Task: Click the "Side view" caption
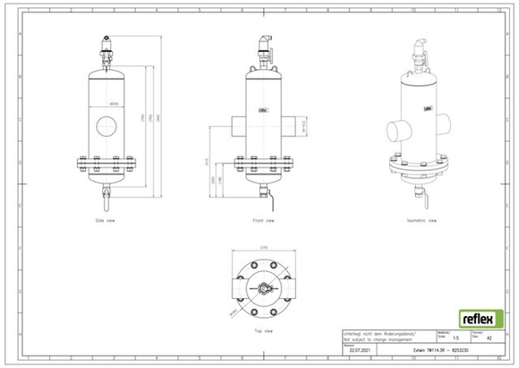[106, 219]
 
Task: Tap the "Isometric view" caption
[420, 219]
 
